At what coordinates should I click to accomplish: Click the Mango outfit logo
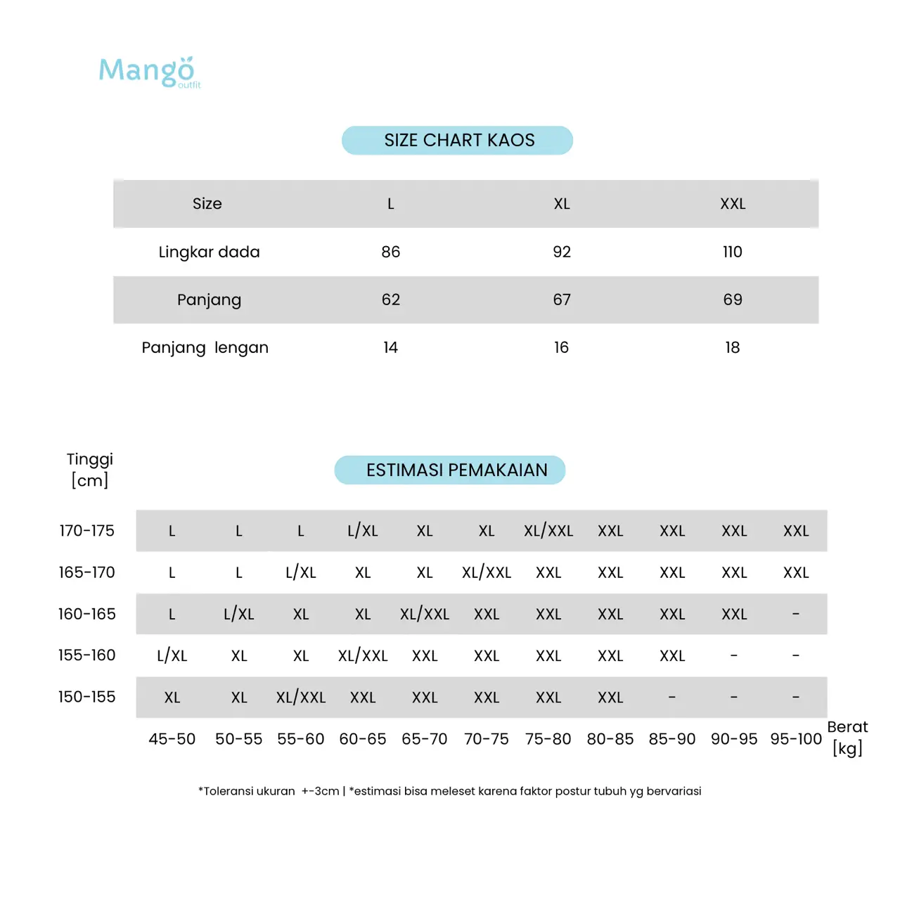click(x=149, y=72)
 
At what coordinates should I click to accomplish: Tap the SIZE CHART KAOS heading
click(x=458, y=141)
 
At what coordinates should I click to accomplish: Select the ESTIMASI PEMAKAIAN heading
click(x=450, y=470)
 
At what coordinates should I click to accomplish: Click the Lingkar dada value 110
click(x=732, y=252)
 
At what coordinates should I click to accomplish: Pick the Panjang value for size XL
click(x=561, y=300)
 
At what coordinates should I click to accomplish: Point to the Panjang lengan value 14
click(x=390, y=347)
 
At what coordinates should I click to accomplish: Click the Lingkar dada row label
click(x=209, y=252)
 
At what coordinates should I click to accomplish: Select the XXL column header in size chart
click(x=732, y=204)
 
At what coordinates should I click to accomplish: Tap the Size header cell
click(x=207, y=204)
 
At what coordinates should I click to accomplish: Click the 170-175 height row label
click(x=86, y=531)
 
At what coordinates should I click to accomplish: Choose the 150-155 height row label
click(x=86, y=697)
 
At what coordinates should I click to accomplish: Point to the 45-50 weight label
click(x=172, y=739)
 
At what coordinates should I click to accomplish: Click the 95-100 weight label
click(x=795, y=739)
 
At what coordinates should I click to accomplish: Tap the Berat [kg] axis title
click(x=847, y=737)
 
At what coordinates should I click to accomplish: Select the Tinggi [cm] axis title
click(x=89, y=470)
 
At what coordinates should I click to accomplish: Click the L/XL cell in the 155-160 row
click(x=172, y=656)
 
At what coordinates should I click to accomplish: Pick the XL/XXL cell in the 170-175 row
click(x=548, y=531)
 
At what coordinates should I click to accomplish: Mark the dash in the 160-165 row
click(x=795, y=615)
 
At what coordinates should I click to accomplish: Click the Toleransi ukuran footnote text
click(x=449, y=791)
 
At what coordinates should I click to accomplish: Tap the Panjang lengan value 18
click(x=732, y=347)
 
